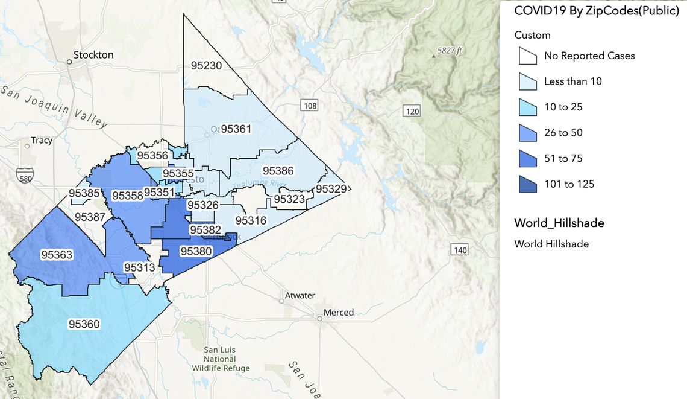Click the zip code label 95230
[x=206, y=65]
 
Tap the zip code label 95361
[x=236, y=129]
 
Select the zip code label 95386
[x=278, y=171]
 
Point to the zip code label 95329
[x=331, y=189]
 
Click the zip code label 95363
[x=57, y=255]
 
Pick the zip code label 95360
[x=84, y=324]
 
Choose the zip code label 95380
[x=196, y=251]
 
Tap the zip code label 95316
[x=250, y=220]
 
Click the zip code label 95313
[x=139, y=267]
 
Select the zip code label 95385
[x=84, y=193]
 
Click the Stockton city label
[x=93, y=55]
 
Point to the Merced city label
[x=339, y=313]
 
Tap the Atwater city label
[x=300, y=295]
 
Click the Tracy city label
[x=42, y=140]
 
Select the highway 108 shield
[x=309, y=106]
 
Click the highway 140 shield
[x=460, y=250]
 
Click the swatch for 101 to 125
[x=528, y=184]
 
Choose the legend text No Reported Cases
[x=589, y=56]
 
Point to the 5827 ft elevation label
[x=450, y=51]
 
